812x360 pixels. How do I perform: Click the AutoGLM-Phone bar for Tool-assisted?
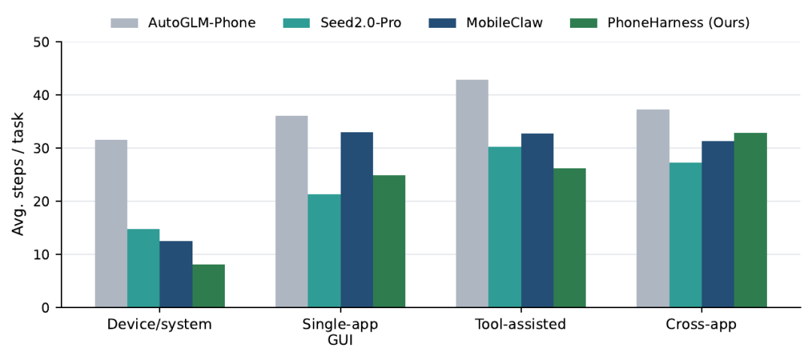click(471, 193)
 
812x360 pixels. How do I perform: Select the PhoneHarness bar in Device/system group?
click(209, 286)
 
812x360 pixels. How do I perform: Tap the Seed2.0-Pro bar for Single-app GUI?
click(324, 251)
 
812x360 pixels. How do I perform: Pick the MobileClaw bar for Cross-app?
click(718, 224)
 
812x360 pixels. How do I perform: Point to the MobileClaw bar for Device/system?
click(176, 274)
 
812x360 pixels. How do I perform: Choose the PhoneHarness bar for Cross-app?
click(750, 220)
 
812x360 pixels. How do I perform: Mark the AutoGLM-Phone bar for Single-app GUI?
click(292, 211)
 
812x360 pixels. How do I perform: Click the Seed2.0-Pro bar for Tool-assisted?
click(504, 227)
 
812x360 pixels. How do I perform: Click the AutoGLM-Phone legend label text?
click(201, 23)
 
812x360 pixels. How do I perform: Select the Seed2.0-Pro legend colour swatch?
click(297, 23)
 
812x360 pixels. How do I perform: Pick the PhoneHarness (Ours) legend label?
click(678, 23)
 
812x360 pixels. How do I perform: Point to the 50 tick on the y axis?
click(58, 42)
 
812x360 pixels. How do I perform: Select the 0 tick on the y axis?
click(58, 307)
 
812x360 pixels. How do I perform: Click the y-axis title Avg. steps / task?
click(19, 174)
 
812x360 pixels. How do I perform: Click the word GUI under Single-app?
click(341, 342)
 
